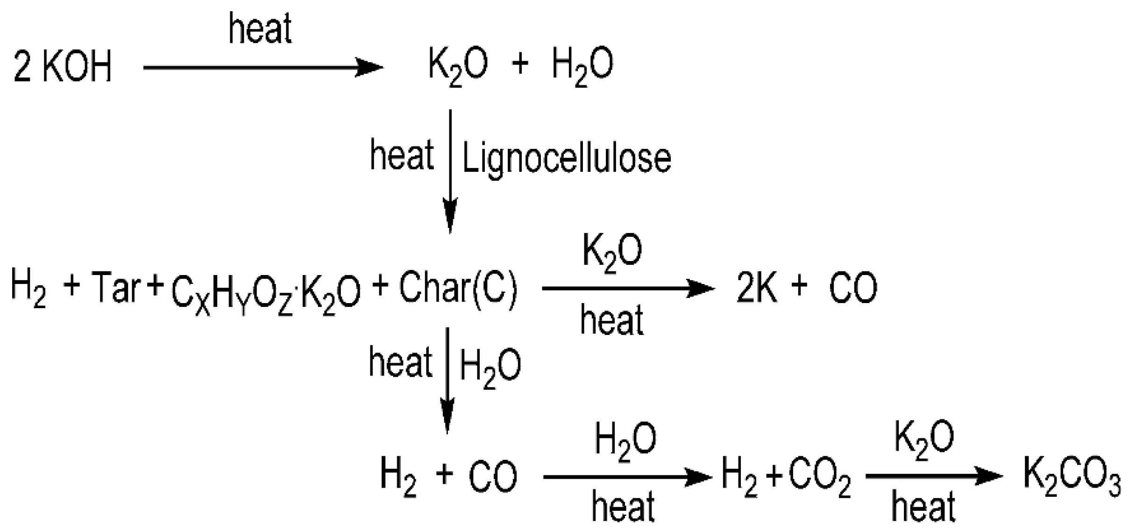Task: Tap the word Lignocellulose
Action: [567, 159]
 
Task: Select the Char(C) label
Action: [458, 288]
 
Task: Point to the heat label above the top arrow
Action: [260, 29]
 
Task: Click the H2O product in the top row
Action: [582, 67]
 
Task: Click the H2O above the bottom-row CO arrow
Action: [625, 442]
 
